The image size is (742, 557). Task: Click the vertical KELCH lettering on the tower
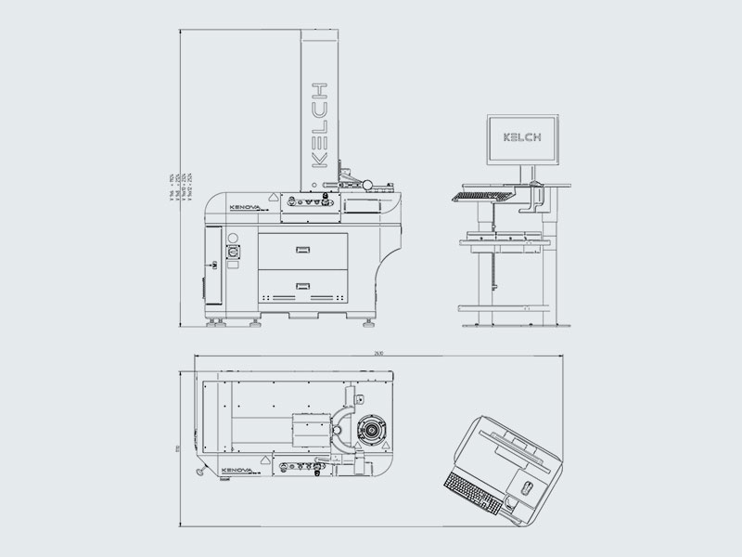pos(318,124)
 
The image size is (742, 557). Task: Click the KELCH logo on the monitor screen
pos(522,136)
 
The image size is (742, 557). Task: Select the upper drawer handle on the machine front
pos(302,248)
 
